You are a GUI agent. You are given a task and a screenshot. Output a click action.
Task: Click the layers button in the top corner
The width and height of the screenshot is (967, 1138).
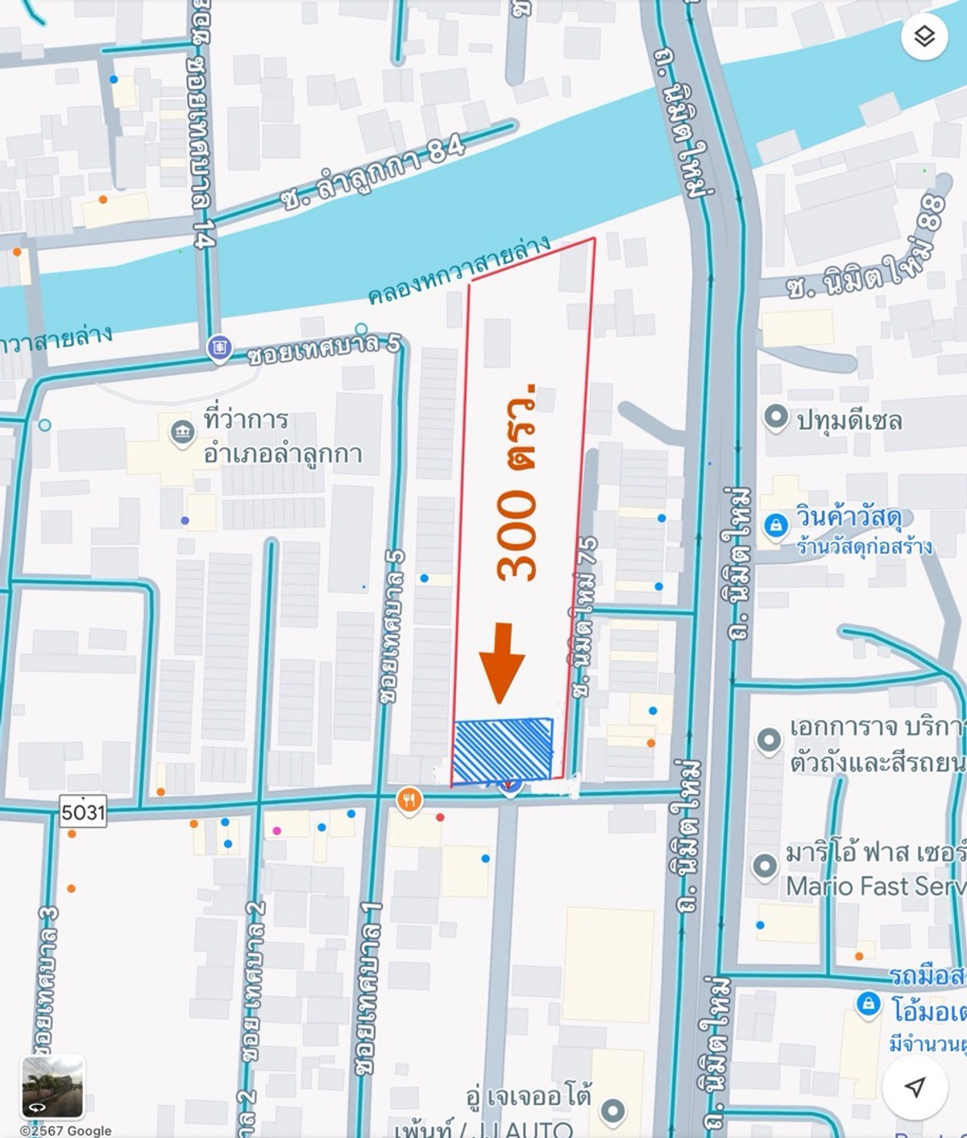pyautogui.click(x=923, y=36)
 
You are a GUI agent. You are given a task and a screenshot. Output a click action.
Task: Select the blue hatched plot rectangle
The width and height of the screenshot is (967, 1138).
pyautogui.click(x=503, y=749)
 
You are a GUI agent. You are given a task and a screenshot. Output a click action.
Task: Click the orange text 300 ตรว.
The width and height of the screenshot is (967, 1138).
pyautogui.click(x=517, y=483)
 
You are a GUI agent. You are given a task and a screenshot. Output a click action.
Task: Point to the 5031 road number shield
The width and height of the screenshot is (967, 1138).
pyautogui.click(x=83, y=811)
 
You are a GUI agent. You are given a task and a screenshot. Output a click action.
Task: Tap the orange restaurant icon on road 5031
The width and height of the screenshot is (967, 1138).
pyautogui.click(x=409, y=801)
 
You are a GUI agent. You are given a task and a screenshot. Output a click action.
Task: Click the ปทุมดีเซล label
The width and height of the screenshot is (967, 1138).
pyautogui.click(x=849, y=420)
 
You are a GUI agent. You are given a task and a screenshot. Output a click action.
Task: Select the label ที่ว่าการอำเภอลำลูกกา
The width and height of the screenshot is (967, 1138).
pyautogui.click(x=282, y=437)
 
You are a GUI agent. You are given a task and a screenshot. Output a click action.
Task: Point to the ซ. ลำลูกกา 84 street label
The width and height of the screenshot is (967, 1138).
pyautogui.click(x=372, y=172)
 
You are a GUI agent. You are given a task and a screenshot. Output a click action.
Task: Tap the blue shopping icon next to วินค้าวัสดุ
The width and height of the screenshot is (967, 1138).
pyautogui.click(x=775, y=526)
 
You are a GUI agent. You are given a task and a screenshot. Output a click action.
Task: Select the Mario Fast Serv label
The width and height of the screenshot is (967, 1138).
pyautogui.click(x=875, y=886)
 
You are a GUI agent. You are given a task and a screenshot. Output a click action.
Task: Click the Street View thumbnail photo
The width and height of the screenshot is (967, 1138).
pyautogui.click(x=52, y=1086)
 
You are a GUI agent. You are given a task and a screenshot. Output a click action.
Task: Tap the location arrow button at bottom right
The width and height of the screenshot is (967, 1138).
pyautogui.click(x=915, y=1086)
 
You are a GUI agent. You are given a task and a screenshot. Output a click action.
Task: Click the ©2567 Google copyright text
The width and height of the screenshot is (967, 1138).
pyautogui.click(x=66, y=1130)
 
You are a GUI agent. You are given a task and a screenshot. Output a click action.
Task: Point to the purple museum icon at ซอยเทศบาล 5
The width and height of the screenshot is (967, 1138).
pyautogui.click(x=218, y=348)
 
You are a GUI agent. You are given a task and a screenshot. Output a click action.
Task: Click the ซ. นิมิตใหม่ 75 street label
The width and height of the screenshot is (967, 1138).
pyautogui.click(x=587, y=616)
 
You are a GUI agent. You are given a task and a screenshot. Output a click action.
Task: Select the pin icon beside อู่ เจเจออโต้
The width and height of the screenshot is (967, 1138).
pyautogui.click(x=612, y=1111)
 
